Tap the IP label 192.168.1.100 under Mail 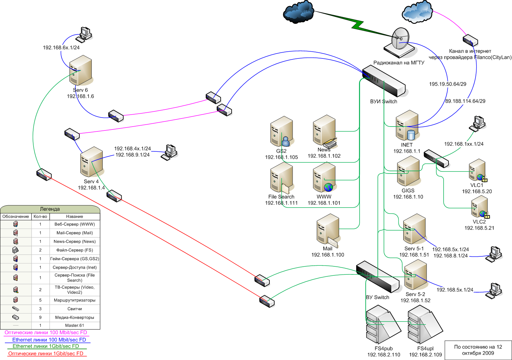pos(327,255)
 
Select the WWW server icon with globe pos(325,178)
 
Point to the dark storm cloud pos(298,13)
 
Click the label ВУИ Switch pos(383,101)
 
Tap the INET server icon pos(407,125)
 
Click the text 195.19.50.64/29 pos(447,84)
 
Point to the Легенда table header pos(50,209)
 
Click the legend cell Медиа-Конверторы pos(75,317)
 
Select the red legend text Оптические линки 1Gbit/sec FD pos(46,354)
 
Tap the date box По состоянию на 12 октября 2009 pos(478,350)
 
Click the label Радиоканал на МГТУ pos(399,63)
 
